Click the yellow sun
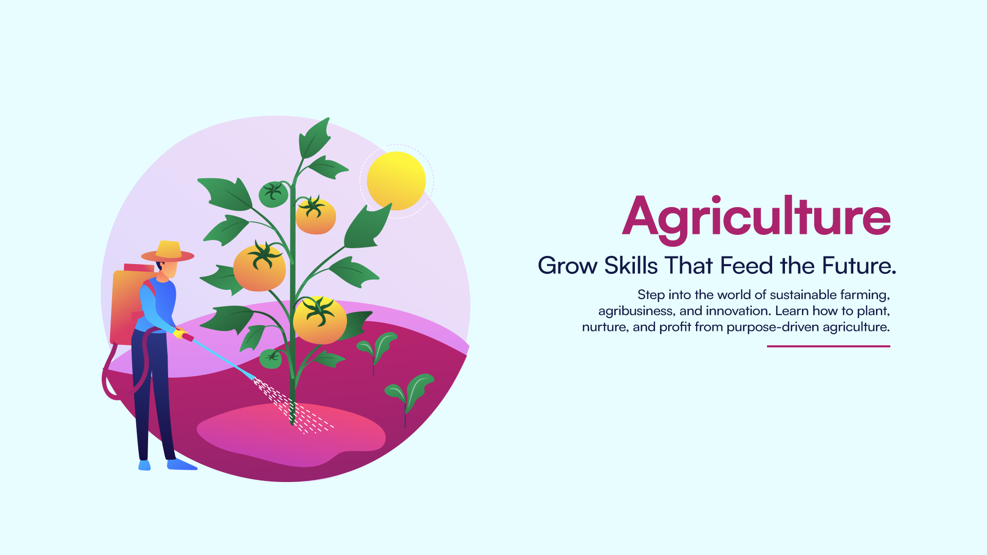tap(396, 181)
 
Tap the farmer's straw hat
tap(168, 251)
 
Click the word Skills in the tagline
tap(631, 266)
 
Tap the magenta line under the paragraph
tap(829, 346)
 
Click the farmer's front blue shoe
tap(181, 465)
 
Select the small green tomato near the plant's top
tap(273, 194)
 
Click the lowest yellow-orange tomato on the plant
tap(320, 320)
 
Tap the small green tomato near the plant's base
tap(271, 358)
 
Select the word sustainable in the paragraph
tap(803, 295)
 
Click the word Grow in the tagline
tap(568, 266)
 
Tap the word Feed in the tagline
tap(746, 266)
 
